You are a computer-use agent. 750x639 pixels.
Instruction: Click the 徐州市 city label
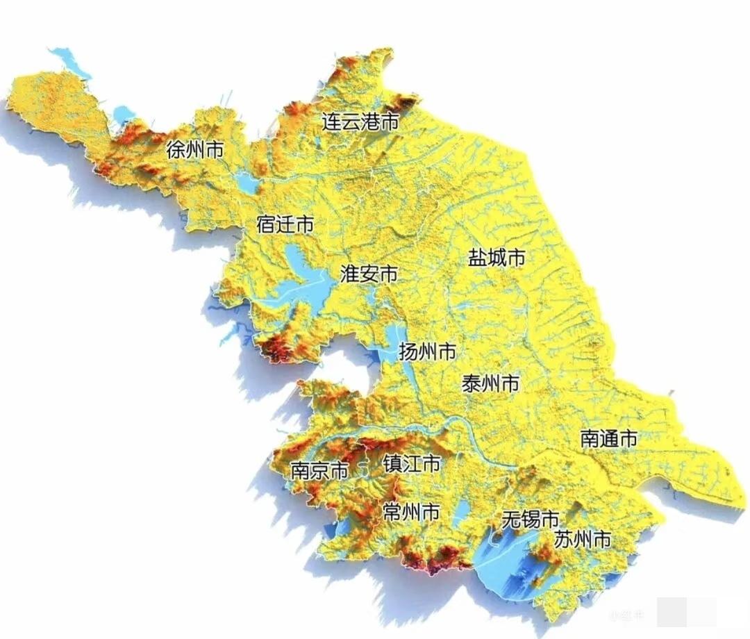195,149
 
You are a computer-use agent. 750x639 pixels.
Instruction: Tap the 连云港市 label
360,122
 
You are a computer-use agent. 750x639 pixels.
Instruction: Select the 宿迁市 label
285,224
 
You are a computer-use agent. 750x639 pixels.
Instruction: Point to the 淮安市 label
369,274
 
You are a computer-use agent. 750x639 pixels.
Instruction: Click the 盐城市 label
496,258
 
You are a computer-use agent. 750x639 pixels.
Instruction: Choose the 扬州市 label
427,351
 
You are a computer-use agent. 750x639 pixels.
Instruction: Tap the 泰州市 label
490,383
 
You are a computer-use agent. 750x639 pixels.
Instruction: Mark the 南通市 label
608,438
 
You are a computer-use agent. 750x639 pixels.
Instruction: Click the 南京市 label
319,471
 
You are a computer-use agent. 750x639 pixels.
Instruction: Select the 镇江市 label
411,463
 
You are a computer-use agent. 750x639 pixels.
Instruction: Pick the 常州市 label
410,513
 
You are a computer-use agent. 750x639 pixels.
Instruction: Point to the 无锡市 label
530,518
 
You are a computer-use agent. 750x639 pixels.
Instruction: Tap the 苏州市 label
583,538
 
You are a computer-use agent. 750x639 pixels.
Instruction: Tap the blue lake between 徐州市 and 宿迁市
246,183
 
